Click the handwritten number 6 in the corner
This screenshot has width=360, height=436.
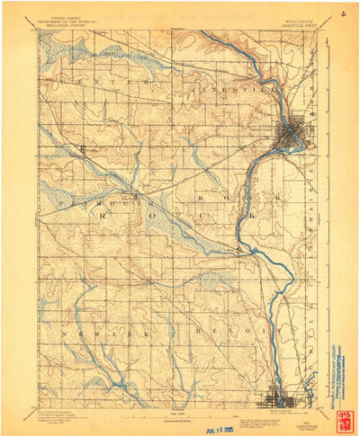tap(343, 14)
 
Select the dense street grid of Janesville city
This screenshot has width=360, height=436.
tap(292, 136)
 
